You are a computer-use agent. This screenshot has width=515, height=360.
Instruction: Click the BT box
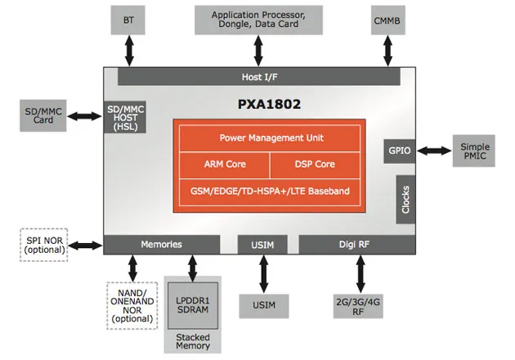128,20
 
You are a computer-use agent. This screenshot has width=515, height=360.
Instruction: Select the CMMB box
388,20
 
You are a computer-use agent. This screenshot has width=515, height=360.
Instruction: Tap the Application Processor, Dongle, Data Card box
258,20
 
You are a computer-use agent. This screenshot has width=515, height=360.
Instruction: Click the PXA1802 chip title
269,104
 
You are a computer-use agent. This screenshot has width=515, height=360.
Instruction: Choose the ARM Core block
225,164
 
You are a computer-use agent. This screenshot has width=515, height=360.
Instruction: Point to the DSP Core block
315,164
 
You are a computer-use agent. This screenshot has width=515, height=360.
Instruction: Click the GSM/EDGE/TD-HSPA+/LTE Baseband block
270,192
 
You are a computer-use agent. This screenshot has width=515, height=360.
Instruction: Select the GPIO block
400,151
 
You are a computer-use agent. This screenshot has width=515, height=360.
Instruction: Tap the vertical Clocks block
405,200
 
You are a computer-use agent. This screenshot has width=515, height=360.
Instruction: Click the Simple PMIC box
474,151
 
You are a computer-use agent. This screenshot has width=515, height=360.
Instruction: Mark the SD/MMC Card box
43,115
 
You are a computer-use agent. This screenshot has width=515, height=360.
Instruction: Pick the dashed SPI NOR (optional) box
44,245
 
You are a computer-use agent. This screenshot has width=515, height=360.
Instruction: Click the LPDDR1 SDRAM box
193,305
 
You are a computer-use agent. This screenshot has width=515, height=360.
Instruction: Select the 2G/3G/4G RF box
358,307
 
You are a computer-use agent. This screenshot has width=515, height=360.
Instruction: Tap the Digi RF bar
357,245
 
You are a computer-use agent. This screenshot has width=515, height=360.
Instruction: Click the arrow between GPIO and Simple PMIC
434,151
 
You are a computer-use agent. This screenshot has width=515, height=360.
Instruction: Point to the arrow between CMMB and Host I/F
388,51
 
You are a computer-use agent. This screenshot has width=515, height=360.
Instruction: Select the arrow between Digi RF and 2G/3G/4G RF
360,274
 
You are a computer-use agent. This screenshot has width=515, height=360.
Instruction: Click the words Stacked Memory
193,341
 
